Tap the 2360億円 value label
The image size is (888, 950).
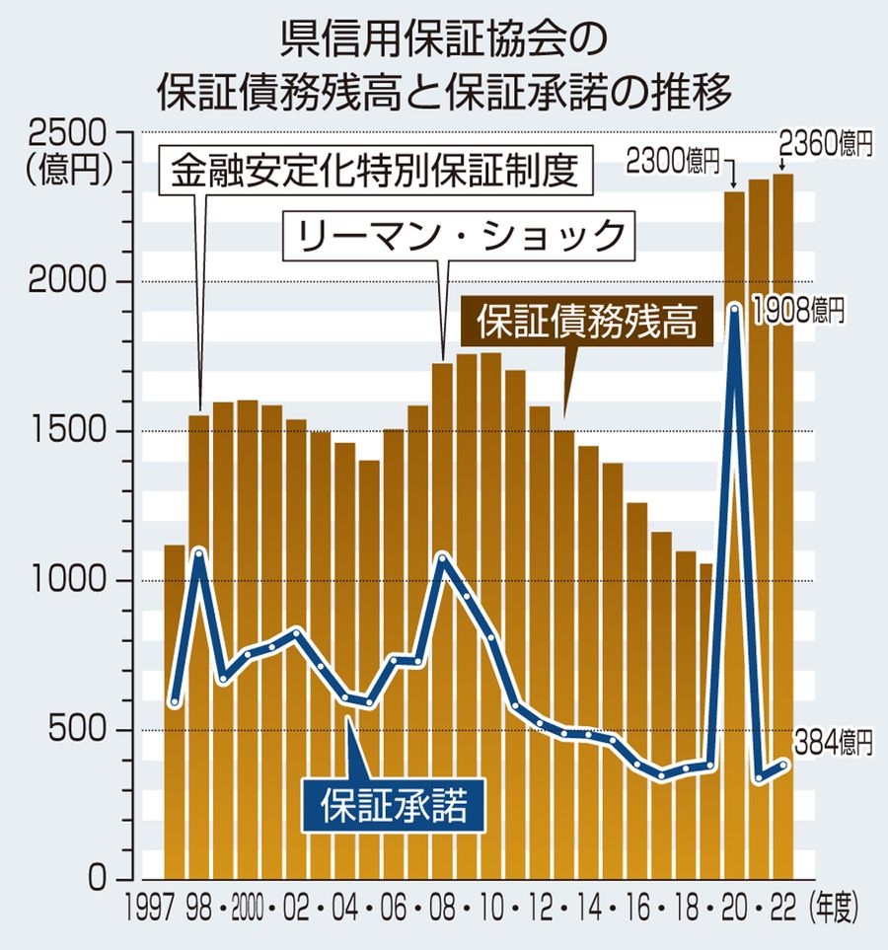(x=827, y=145)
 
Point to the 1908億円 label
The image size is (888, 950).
(x=798, y=312)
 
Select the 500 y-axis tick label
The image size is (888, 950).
(x=84, y=731)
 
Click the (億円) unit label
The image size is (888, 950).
(x=67, y=168)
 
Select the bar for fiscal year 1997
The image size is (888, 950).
(x=175, y=710)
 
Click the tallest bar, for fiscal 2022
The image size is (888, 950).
(x=782, y=523)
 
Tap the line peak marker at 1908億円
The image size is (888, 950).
(x=734, y=310)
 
